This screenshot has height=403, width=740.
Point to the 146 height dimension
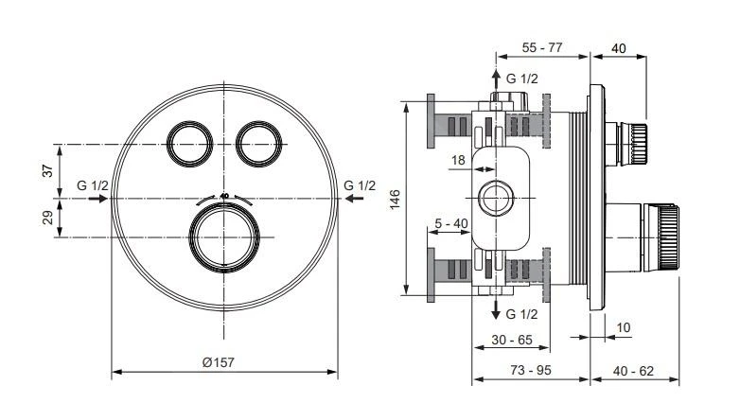tap(396, 199)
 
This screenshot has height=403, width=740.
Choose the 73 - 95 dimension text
tap(530, 370)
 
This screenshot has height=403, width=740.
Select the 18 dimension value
tap(458, 162)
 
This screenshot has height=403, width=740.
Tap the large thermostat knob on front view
tap(224, 237)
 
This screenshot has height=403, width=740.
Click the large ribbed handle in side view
tap(665, 235)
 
